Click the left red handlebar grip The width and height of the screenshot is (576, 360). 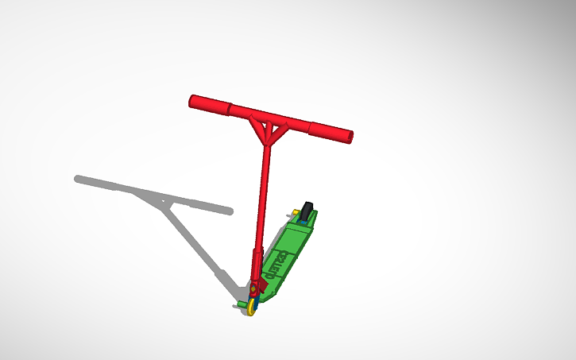[x=209, y=104]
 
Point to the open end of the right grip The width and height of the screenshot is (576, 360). [x=350, y=137]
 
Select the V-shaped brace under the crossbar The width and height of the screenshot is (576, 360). [x=268, y=130]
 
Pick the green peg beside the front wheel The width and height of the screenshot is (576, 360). [x=241, y=303]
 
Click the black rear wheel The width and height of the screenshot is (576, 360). [x=307, y=210]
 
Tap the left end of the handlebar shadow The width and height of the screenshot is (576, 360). [x=79, y=179]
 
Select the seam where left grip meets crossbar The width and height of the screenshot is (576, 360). [x=230, y=107]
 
